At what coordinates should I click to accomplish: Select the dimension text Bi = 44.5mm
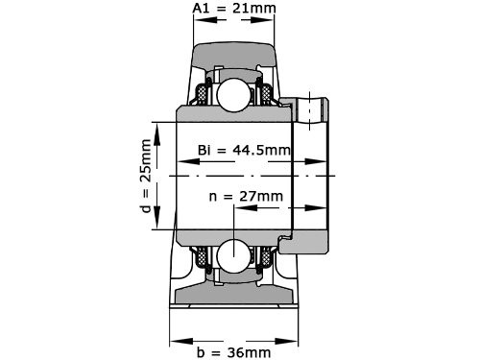click(243, 151)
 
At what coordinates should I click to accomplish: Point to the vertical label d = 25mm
click(145, 177)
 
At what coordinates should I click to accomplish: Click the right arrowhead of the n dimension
click(325, 207)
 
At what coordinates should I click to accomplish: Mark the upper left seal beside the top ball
click(204, 94)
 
